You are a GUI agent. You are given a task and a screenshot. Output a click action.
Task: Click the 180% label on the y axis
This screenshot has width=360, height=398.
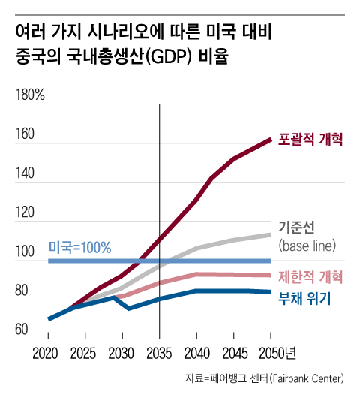coord(30,96)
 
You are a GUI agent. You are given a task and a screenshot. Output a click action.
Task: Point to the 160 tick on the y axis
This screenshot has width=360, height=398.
coord(25,135)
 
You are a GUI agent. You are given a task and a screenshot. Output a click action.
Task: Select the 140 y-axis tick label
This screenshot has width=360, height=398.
coord(25,173)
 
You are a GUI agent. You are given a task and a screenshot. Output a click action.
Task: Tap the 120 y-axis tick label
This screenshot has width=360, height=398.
coord(25,213)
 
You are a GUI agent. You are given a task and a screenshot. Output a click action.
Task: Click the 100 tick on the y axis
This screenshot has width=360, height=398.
coord(25,252)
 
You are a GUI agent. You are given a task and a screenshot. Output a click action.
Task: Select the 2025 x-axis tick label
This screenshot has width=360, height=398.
coord(85,353)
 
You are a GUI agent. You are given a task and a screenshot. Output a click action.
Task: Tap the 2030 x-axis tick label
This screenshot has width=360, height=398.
coord(122,353)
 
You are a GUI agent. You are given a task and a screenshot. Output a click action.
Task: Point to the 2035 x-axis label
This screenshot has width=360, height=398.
coord(159,353)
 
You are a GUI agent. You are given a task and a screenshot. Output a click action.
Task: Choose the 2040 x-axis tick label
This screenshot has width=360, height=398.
coord(196,353)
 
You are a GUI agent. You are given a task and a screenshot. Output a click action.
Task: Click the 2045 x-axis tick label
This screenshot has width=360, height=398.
coord(233,353)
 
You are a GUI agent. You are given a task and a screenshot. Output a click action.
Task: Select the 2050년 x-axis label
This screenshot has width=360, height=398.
coord(274,353)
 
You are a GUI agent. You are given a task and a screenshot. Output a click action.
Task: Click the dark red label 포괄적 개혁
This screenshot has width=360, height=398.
coord(310,139)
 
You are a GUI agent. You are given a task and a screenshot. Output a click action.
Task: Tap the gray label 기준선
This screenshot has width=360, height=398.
coord(295,227)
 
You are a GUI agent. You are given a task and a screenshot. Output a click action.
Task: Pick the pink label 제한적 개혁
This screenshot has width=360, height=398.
coord(310,276)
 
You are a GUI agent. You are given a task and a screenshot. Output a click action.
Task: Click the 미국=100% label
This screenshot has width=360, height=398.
coord(79,246)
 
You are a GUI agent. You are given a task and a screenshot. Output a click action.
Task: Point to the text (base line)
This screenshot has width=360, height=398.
coord(308,246)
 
